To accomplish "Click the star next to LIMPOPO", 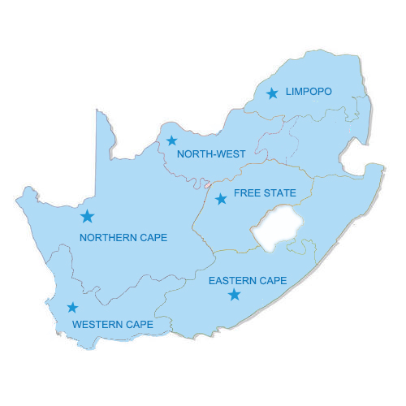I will pos(272,93).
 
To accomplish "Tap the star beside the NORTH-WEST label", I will pos(171,140).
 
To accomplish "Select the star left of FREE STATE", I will pos(221,199).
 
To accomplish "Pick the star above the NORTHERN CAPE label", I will pos(87,216).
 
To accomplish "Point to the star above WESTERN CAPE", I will pos(72,308).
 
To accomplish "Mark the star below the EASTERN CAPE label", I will pos(235,295).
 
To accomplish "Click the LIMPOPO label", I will pos(309,92).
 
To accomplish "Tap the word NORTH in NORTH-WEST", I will pos(193,153).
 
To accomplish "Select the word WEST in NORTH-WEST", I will pos(230,153).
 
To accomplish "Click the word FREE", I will pos(246,193).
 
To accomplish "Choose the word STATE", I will pos(279,193).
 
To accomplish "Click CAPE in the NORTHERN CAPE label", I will pos(153,238).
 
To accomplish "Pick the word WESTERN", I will pos(97,325).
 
